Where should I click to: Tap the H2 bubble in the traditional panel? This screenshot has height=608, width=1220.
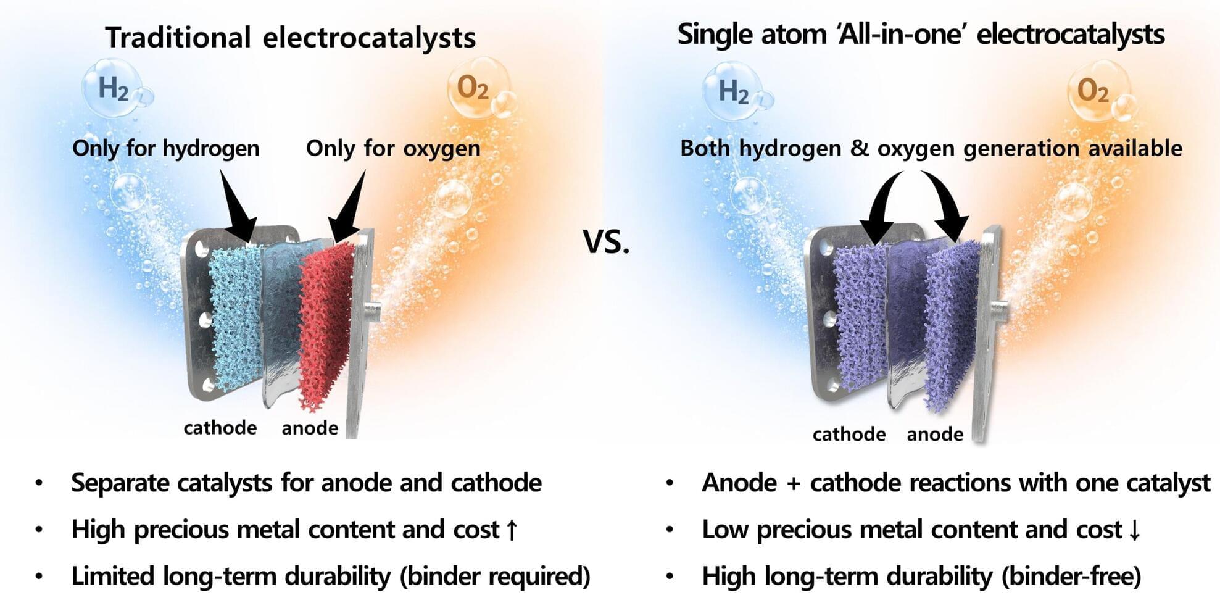coord(112,88)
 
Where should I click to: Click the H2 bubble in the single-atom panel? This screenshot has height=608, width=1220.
coord(732,91)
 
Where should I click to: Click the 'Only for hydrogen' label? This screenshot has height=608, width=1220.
coord(166,149)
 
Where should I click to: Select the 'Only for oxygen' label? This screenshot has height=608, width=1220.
coord(393,149)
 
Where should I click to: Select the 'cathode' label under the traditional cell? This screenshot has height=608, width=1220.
coord(220,428)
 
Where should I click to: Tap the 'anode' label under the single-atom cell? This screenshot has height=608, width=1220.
coord(935,435)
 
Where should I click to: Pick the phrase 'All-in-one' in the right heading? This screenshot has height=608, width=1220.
coord(903,34)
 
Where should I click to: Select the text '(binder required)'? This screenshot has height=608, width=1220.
coord(496,577)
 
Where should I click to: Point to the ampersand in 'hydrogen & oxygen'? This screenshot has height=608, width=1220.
coord(859,149)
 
